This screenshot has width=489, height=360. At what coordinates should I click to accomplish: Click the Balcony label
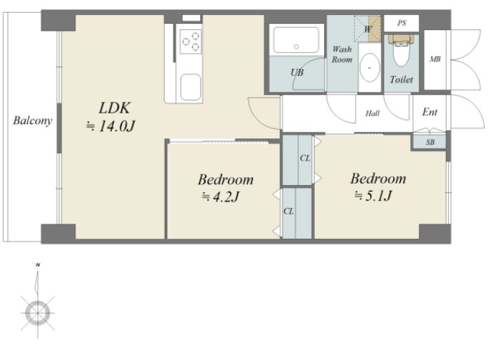pyautogui.click(x=32, y=121)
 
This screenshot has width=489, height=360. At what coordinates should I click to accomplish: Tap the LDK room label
pyautogui.click(x=114, y=108)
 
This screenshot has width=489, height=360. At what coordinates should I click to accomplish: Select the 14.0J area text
pyautogui.click(x=110, y=126)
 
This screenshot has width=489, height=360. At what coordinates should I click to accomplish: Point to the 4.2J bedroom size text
pyautogui.click(x=221, y=196)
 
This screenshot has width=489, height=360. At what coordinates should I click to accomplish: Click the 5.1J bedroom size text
pyautogui.click(x=373, y=196)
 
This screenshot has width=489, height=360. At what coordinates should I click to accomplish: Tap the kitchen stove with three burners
pyautogui.click(x=191, y=42)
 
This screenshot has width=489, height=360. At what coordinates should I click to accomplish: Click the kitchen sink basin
pyautogui.click(x=191, y=87)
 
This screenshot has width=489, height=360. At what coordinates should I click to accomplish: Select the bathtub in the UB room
pyautogui.click(x=296, y=40)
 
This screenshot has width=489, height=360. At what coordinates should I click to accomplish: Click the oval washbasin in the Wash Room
pyautogui.click(x=370, y=67)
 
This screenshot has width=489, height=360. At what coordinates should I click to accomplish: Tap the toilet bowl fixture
pyautogui.click(x=401, y=51)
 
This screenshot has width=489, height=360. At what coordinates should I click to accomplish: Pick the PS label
pyautogui.click(x=402, y=23)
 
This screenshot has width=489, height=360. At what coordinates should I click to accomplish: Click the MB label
pyautogui.click(x=435, y=59)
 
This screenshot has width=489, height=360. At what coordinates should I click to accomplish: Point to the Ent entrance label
pyautogui.click(x=429, y=112)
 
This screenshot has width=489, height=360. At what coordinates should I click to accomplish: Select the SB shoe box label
pyautogui.click(x=430, y=142)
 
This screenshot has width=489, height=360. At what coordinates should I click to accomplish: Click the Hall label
pyautogui.click(x=373, y=113)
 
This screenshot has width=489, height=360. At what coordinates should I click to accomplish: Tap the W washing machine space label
pyautogui.click(x=368, y=29)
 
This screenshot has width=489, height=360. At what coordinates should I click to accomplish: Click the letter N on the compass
pyautogui.click(x=38, y=265)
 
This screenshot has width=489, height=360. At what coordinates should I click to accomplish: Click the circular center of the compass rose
pyautogui.click(x=38, y=313)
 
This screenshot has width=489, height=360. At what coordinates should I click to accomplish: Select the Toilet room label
pyautogui.click(x=402, y=80)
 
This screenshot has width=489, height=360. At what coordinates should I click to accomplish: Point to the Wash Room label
pyautogui.click(x=342, y=55)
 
